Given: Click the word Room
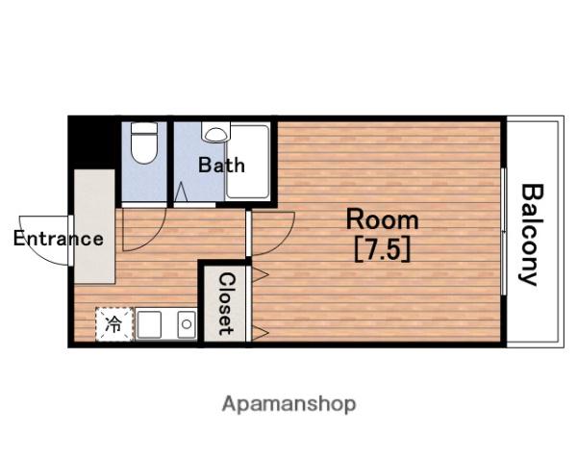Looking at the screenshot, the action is (x=383, y=220).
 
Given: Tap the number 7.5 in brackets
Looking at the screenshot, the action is (x=383, y=250).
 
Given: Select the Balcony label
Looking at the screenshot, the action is (x=531, y=235).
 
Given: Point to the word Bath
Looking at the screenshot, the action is (x=221, y=165).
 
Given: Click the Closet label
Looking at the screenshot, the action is (x=225, y=304).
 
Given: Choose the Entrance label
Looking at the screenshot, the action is (x=59, y=239).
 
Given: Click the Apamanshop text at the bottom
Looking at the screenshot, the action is (x=288, y=404).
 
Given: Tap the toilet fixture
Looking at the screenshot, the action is (x=144, y=143).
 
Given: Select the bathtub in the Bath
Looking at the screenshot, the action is (x=247, y=162).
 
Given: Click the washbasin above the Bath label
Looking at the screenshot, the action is (x=215, y=133).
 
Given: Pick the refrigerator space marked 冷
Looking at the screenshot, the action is (x=114, y=324).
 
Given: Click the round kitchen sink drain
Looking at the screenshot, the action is (x=187, y=324).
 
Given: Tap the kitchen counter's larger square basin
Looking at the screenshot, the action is (x=149, y=324).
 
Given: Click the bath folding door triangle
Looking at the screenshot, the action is (x=181, y=192).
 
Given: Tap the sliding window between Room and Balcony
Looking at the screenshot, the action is (x=504, y=231).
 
